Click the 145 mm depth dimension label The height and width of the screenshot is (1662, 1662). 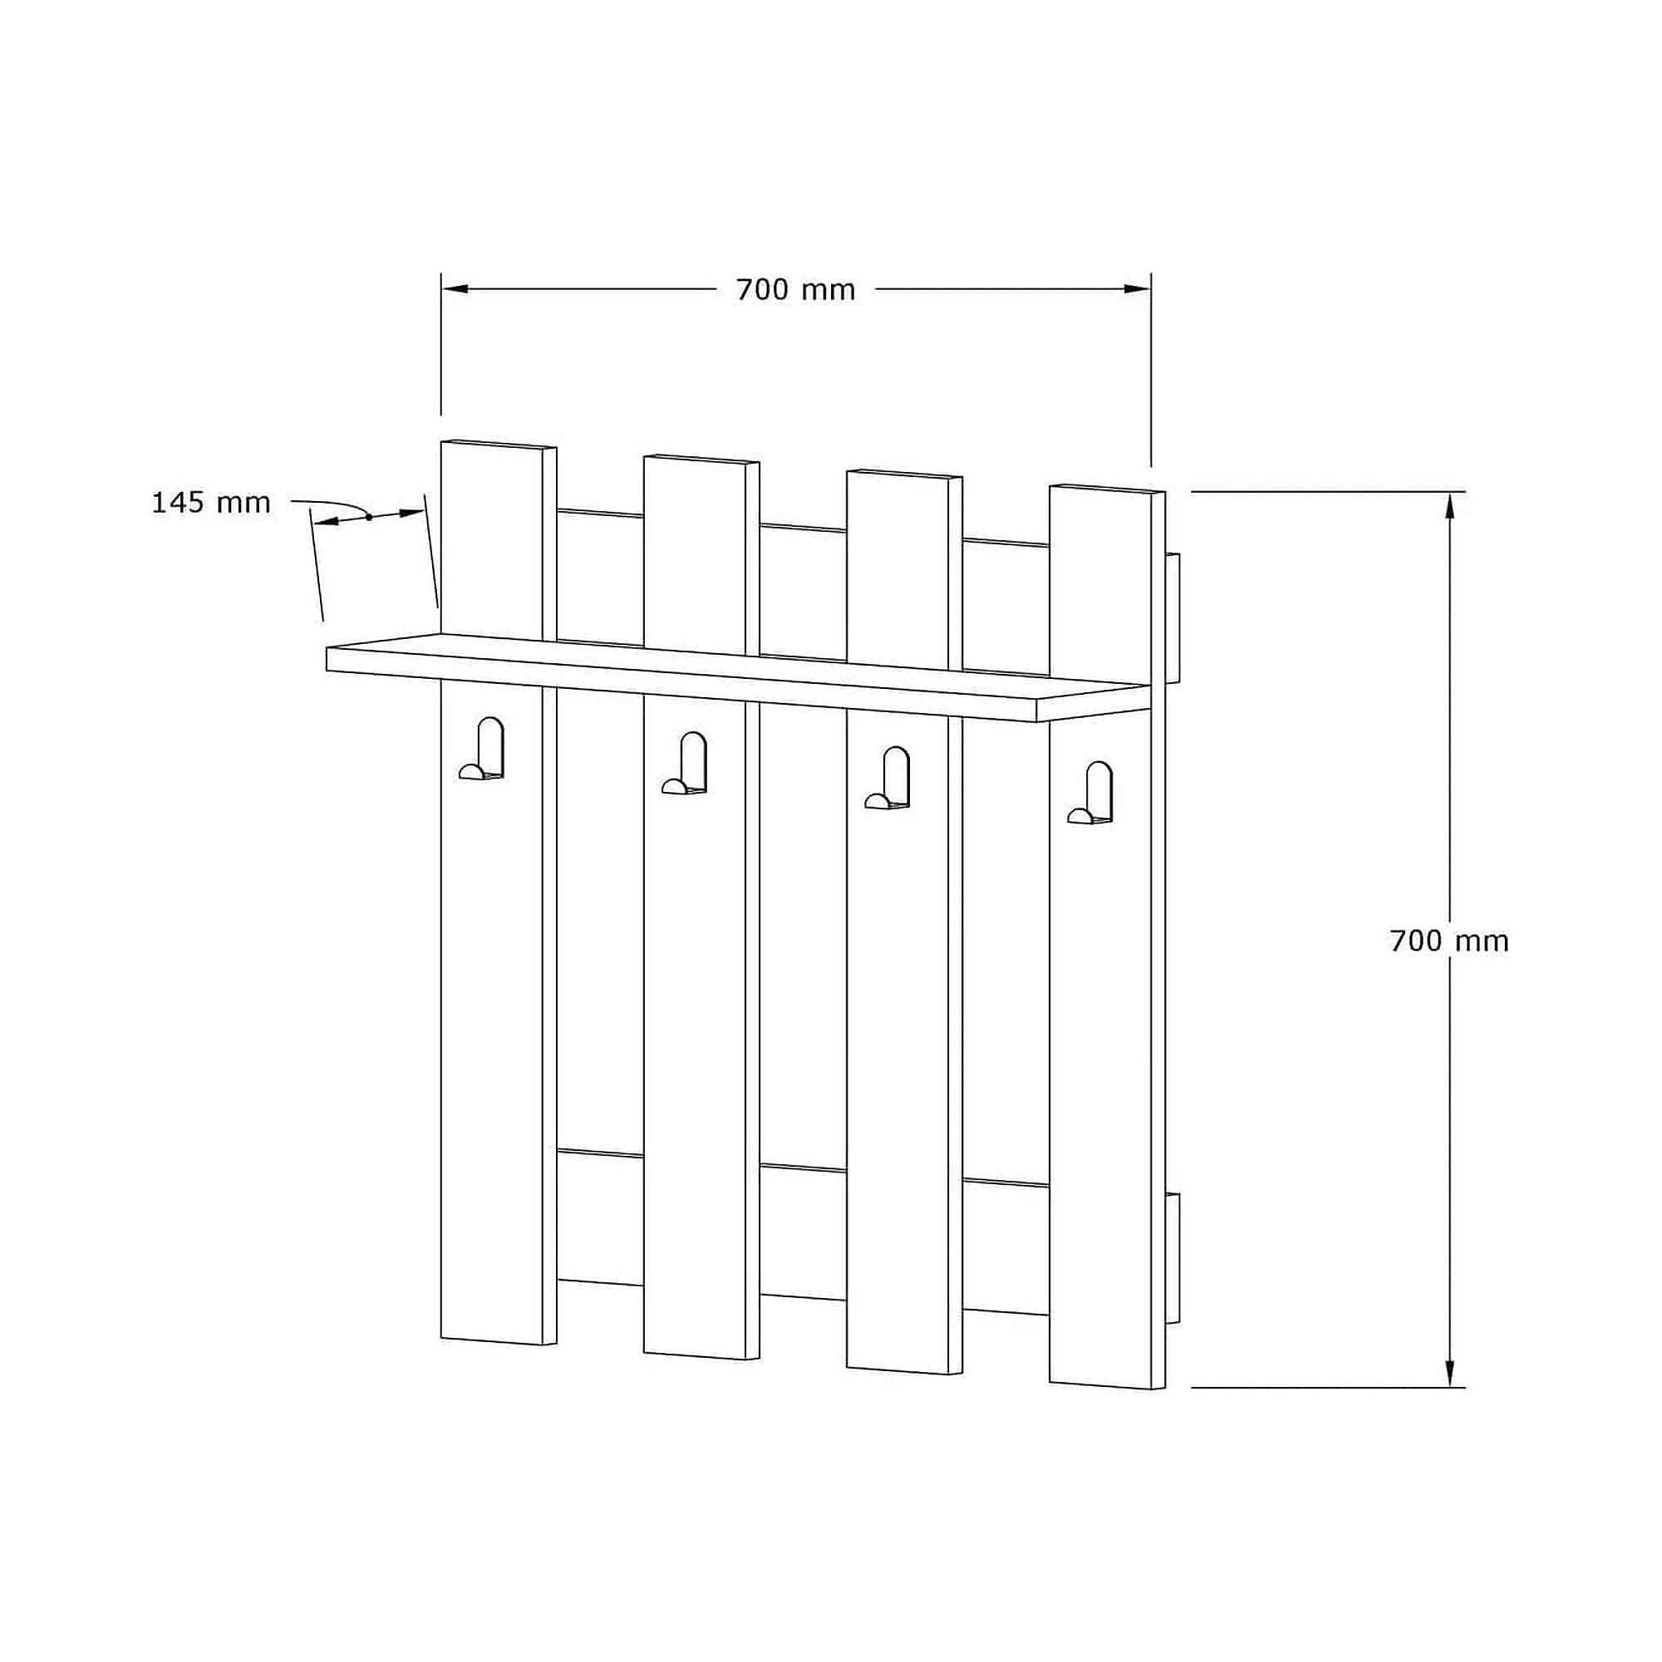point(212,503)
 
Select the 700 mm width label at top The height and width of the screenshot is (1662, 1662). point(796,290)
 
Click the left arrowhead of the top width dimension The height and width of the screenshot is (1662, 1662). point(455,289)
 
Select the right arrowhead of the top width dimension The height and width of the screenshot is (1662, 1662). point(1138,289)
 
